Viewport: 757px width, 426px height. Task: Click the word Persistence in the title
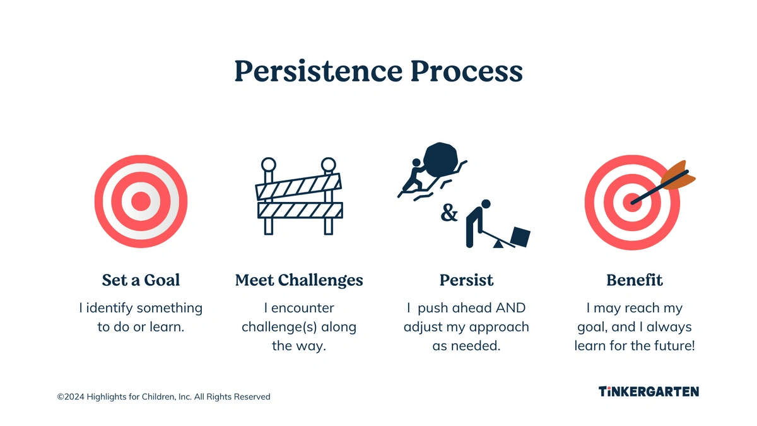pyautogui.click(x=319, y=71)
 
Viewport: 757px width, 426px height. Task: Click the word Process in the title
pyautogui.click(x=467, y=71)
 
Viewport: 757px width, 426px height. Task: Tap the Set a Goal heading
pyautogui.click(x=141, y=280)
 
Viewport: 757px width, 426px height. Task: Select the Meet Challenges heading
pyautogui.click(x=299, y=280)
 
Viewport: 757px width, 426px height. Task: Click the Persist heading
pyautogui.click(x=466, y=280)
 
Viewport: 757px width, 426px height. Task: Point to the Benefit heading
pyautogui.click(x=635, y=280)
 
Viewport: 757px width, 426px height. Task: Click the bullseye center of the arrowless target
pyautogui.click(x=141, y=201)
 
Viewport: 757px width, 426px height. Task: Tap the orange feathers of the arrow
pyautogui.click(x=678, y=175)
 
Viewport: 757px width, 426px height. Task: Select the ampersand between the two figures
pyautogui.click(x=449, y=213)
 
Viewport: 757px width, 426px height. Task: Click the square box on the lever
pyautogui.click(x=520, y=237)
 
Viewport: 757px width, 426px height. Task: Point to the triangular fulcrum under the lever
pyautogui.click(x=498, y=244)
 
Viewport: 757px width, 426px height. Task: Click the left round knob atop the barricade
pyautogui.click(x=269, y=165)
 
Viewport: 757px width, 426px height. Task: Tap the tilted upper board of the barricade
pyautogui.click(x=298, y=187)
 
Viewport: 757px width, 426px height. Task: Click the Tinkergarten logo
pyautogui.click(x=648, y=391)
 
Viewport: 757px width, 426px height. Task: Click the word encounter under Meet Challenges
pyautogui.click(x=302, y=308)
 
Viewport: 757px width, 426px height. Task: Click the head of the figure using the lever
pyautogui.click(x=486, y=204)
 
